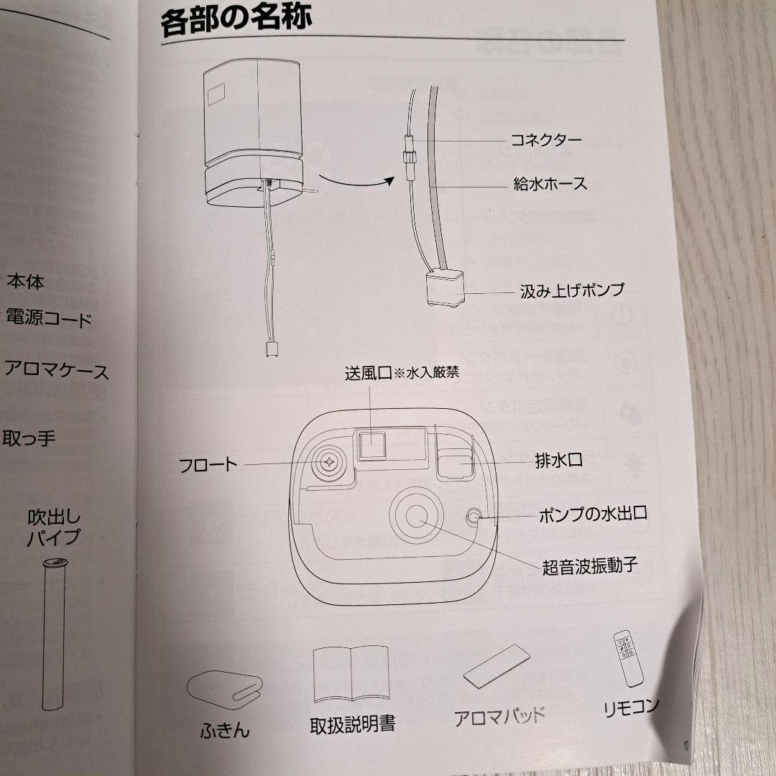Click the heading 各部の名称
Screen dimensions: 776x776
click(236, 22)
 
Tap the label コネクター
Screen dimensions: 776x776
click(545, 139)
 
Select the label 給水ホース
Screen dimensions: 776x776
click(550, 183)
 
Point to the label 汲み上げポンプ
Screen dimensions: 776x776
click(572, 290)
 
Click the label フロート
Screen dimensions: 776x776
click(208, 464)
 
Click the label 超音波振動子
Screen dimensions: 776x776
click(590, 567)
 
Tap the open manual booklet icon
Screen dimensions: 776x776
click(351, 675)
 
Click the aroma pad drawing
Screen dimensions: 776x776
click(497, 668)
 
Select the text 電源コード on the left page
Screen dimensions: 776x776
click(48, 318)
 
